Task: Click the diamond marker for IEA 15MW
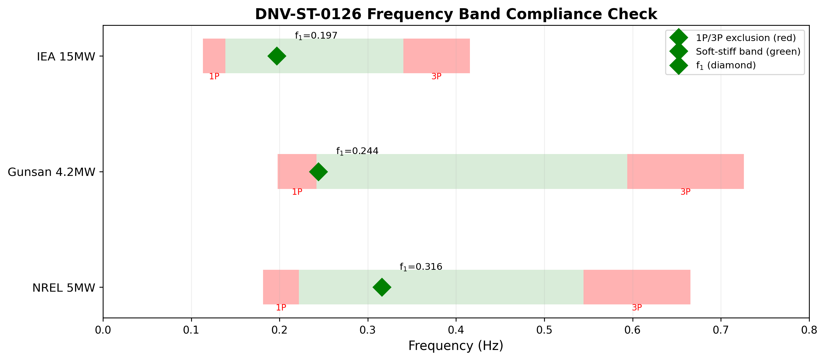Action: pyautogui.click(x=277, y=56)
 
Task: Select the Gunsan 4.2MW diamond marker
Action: pyautogui.click(x=318, y=172)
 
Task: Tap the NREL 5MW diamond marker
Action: pyautogui.click(x=382, y=287)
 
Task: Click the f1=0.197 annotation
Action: pyautogui.click(x=316, y=36)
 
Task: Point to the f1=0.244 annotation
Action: pyautogui.click(x=357, y=151)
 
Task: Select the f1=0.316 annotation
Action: pyautogui.click(x=421, y=267)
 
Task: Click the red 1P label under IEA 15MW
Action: pyautogui.click(x=214, y=77)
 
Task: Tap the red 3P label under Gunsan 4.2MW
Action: pyautogui.click(x=685, y=192)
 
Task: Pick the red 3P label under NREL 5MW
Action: pyautogui.click(x=637, y=307)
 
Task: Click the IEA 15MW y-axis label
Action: pyautogui.click(x=66, y=57)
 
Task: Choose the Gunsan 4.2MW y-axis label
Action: pyautogui.click(x=51, y=172)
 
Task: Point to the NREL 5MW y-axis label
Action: pyautogui.click(x=64, y=288)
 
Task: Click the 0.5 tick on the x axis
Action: pyautogui.click(x=544, y=330)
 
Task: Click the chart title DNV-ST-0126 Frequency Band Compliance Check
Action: pyautogui.click(x=456, y=14)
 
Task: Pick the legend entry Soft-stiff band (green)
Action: pyautogui.click(x=748, y=52)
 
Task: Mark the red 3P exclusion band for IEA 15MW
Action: pyautogui.click(x=436, y=56)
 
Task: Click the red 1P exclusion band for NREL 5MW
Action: pyautogui.click(x=281, y=287)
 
